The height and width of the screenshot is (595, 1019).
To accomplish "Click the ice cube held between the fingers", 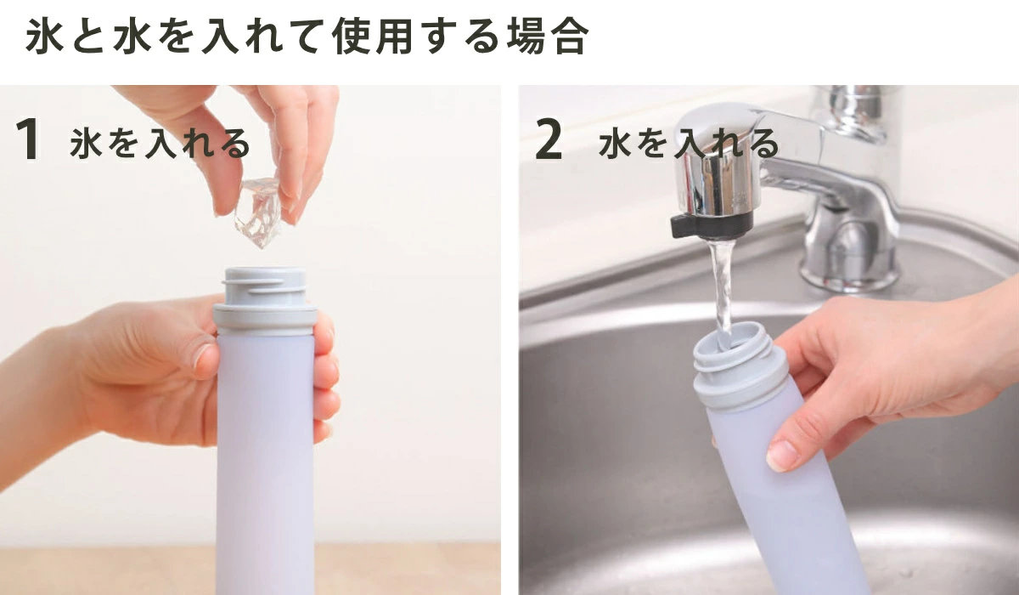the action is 258,212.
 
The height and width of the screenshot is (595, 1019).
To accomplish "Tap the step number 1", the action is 28,139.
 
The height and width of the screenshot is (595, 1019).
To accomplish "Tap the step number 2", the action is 549,139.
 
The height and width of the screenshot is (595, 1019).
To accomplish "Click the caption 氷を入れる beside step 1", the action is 160,144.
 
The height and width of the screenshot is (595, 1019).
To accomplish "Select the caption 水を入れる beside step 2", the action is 689,144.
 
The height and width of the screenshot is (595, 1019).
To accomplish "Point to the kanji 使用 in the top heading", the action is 372,37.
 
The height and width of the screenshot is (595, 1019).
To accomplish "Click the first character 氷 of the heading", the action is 44,37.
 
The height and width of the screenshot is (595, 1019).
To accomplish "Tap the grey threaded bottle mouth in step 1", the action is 266,286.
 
